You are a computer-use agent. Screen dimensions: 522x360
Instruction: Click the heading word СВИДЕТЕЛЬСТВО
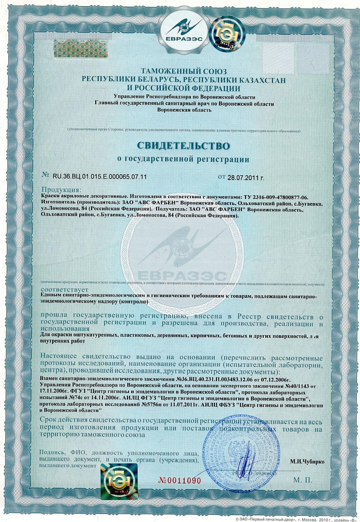tap(183, 142)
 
